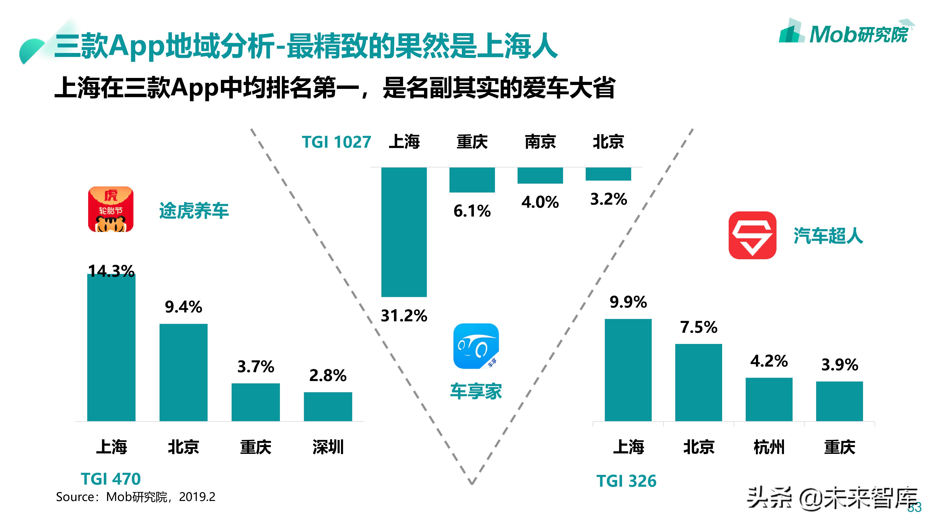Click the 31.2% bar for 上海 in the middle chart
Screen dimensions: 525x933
pos(404,232)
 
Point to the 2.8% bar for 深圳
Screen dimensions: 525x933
pos(328,406)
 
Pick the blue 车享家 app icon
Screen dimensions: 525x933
pos(476,346)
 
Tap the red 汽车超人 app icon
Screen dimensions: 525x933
pos(752,235)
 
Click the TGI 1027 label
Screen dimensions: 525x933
pos(336,142)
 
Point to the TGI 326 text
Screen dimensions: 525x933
pos(626,481)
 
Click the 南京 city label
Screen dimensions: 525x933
pos(540,142)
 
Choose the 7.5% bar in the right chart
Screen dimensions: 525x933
pos(698,382)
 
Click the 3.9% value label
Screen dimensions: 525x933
pos(839,364)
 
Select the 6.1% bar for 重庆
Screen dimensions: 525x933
pos(472,180)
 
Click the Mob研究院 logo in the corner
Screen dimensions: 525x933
pos(846,33)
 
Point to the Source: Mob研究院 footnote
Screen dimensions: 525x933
pos(136,497)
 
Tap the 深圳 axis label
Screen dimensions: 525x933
pos(328,447)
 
